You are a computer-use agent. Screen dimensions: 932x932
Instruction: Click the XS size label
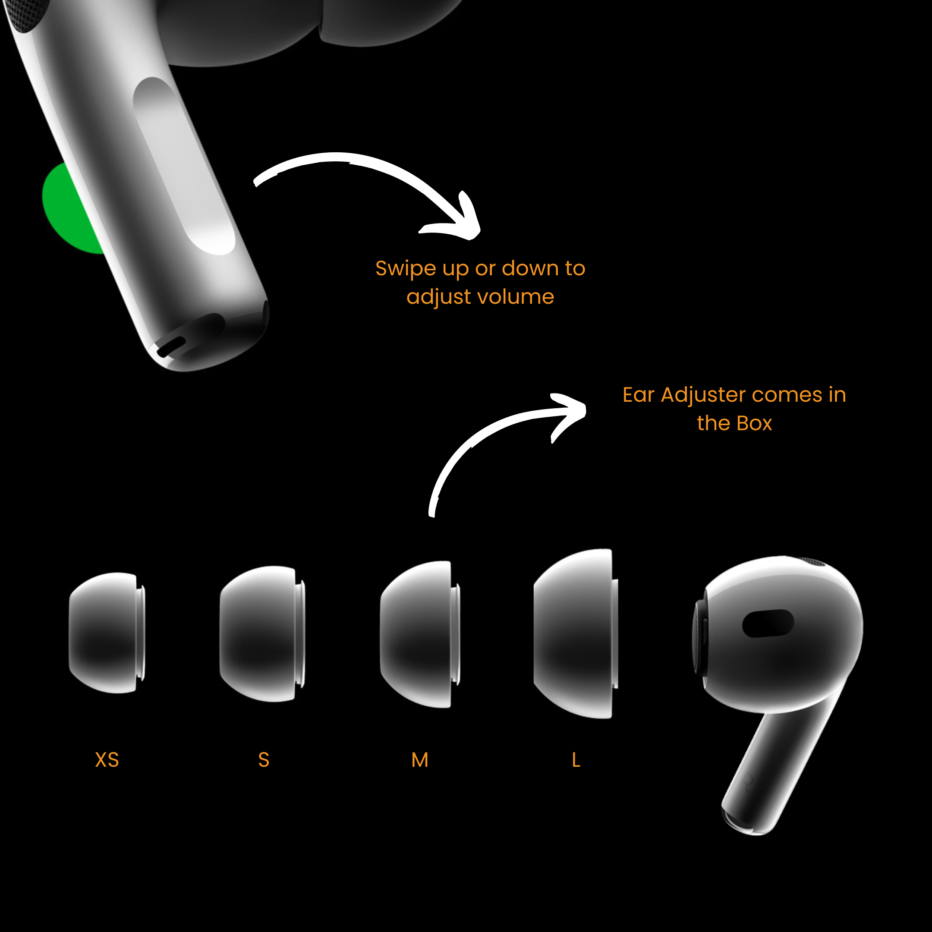(x=107, y=760)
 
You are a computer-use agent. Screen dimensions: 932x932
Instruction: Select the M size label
(x=420, y=760)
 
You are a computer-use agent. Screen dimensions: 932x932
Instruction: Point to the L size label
(x=576, y=760)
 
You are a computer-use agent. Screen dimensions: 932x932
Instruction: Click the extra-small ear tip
(x=107, y=633)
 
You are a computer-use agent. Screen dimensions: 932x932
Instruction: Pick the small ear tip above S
(x=262, y=633)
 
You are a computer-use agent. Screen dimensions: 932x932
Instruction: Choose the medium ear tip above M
(x=420, y=634)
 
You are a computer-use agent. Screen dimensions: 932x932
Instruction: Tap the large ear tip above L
(x=576, y=633)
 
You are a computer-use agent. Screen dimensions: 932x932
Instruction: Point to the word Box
(x=755, y=423)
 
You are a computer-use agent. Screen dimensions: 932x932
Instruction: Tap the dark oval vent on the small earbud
(x=768, y=623)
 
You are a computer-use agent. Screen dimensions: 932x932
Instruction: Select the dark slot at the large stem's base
(x=171, y=346)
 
